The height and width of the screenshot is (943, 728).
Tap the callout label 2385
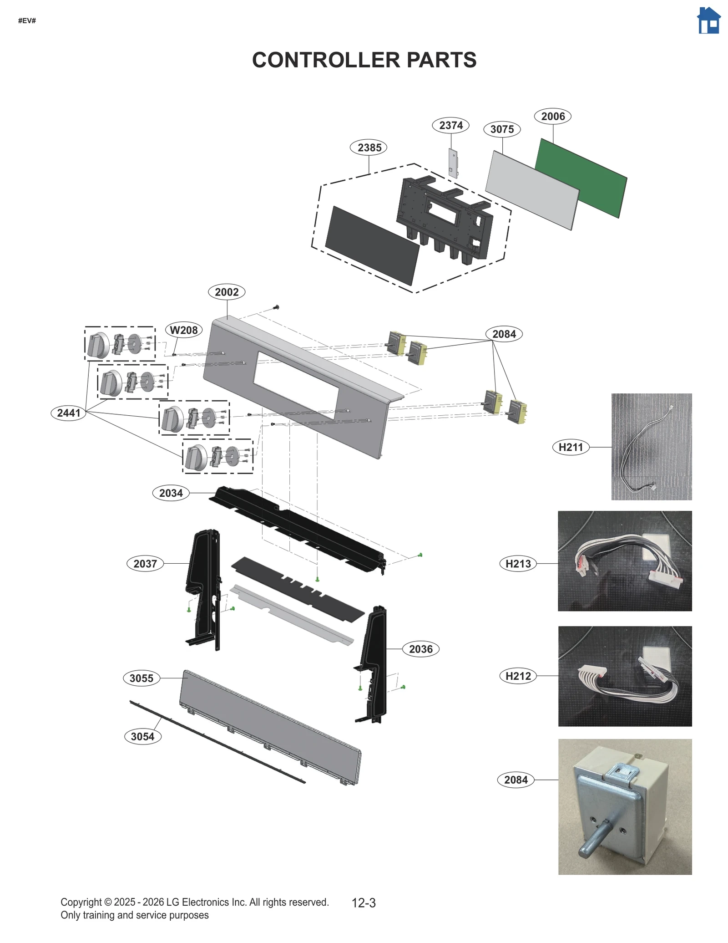pyautogui.click(x=369, y=148)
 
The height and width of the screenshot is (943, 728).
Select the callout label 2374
pyautogui.click(x=450, y=125)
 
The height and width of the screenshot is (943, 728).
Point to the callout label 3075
pyautogui.click(x=502, y=129)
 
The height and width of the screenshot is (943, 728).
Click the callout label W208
pyautogui.click(x=184, y=330)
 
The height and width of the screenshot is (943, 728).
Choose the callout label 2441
pyautogui.click(x=69, y=413)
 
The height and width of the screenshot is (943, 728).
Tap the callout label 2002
pyautogui.click(x=227, y=292)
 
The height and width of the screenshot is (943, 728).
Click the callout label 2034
pyautogui.click(x=171, y=493)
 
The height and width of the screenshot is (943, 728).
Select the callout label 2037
pyautogui.click(x=145, y=564)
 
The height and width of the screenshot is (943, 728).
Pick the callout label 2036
pyautogui.click(x=420, y=649)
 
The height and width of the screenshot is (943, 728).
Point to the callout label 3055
pyautogui.click(x=142, y=678)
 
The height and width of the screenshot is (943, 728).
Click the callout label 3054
pyautogui.click(x=142, y=737)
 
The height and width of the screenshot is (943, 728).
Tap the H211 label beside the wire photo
pyautogui.click(x=571, y=447)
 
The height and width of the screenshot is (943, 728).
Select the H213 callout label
pyautogui.click(x=518, y=564)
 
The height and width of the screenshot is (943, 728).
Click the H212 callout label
pyautogui.click(x=518, y=676)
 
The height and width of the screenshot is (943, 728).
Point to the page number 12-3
pyautogui.click(x=364, y=903)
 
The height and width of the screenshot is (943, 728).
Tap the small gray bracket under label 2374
pyautogui.click(x=453, y=163)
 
